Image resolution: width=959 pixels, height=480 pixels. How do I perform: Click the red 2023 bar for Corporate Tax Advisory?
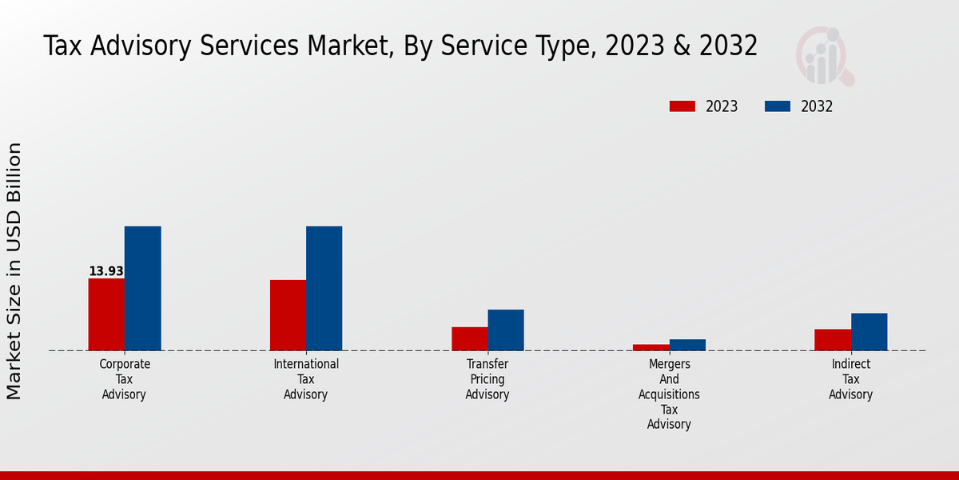[106, 314]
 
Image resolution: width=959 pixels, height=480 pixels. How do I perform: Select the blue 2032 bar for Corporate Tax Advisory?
[142, 288]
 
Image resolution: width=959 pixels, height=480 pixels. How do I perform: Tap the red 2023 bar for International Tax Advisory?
[288, 315]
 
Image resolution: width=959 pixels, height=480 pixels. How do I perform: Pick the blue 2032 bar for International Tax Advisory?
[324, 288]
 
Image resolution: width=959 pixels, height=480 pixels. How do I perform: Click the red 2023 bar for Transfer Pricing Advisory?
[469, 338]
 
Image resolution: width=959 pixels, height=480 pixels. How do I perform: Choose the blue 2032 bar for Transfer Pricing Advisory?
[506, 330]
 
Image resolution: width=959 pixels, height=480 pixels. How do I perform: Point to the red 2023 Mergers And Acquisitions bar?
[651, 347]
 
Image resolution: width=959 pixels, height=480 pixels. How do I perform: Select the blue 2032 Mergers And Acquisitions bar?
[687, 345]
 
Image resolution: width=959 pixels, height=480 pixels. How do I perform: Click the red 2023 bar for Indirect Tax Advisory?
[833, 340]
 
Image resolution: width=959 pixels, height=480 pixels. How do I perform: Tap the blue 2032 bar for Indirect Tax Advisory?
[869, 331]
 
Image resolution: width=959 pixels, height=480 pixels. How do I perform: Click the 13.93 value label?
[105, 271]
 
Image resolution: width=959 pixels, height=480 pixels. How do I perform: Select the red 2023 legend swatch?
[682, 106]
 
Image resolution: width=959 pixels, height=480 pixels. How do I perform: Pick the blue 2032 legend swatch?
[778, 106]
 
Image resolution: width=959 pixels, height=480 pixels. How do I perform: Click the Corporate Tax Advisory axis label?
[124, 379]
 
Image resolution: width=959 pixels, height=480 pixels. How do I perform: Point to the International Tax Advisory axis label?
[306, 379]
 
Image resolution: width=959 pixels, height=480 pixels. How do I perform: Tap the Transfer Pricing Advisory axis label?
[487, 379]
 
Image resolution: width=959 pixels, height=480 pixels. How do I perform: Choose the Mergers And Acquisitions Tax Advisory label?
[669, 394]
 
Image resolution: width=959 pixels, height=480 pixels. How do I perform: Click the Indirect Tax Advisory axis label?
[850, 379]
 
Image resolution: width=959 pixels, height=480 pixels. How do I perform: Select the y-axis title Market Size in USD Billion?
[14, 270]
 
